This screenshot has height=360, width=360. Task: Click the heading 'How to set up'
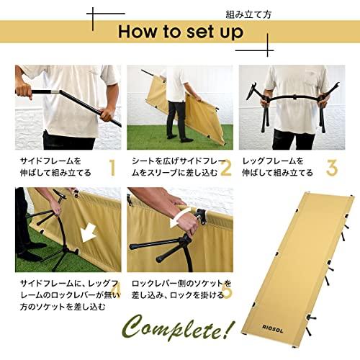pos(180,32)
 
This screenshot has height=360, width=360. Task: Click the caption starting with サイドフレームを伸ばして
pos(56,167)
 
